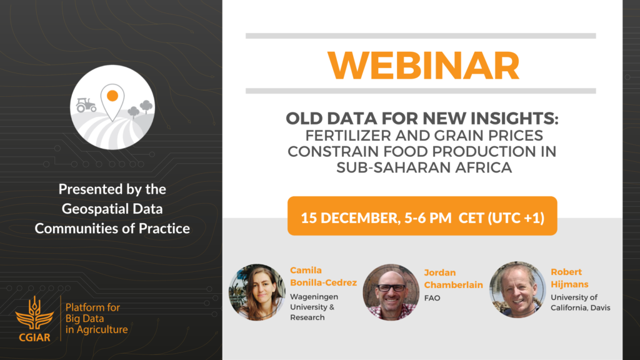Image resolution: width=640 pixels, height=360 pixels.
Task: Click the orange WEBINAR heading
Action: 423,65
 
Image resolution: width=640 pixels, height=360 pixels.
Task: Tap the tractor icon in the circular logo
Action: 86,105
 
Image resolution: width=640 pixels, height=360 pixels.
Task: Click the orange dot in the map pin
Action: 112,96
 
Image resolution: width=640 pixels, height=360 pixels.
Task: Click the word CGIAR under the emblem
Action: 35,337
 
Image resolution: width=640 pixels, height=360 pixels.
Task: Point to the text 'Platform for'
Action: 92,307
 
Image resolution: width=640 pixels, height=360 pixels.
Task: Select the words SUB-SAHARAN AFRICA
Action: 424,167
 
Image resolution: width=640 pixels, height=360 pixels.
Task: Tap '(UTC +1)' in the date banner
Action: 516,218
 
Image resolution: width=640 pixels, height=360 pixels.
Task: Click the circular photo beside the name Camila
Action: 257,292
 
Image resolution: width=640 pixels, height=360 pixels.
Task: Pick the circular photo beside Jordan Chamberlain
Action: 391,292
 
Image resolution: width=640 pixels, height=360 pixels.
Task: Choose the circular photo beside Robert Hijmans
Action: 517,290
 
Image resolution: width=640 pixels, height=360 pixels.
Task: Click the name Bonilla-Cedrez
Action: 323,282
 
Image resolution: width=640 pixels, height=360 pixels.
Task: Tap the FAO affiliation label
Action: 432,298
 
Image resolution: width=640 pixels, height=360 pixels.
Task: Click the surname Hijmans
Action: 569,284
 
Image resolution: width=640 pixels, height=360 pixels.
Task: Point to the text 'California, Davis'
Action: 581,307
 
